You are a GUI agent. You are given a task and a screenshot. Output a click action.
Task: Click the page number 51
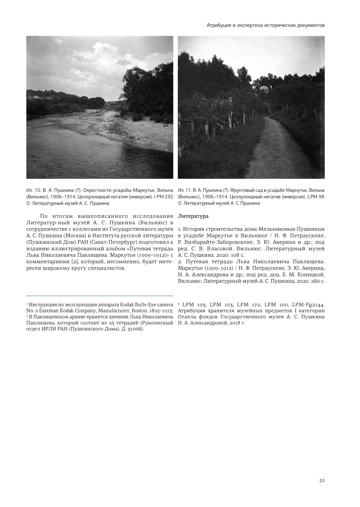[322, 480]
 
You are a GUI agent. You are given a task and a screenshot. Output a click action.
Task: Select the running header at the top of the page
[266, 25]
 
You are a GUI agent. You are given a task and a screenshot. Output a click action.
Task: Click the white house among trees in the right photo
[264, 88]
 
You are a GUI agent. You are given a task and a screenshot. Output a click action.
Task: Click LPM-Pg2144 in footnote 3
[311, 303]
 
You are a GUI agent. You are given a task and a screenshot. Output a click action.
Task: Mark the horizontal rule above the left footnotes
[99, 295]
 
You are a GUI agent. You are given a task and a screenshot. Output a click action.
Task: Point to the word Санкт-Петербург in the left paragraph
[115, 242]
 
